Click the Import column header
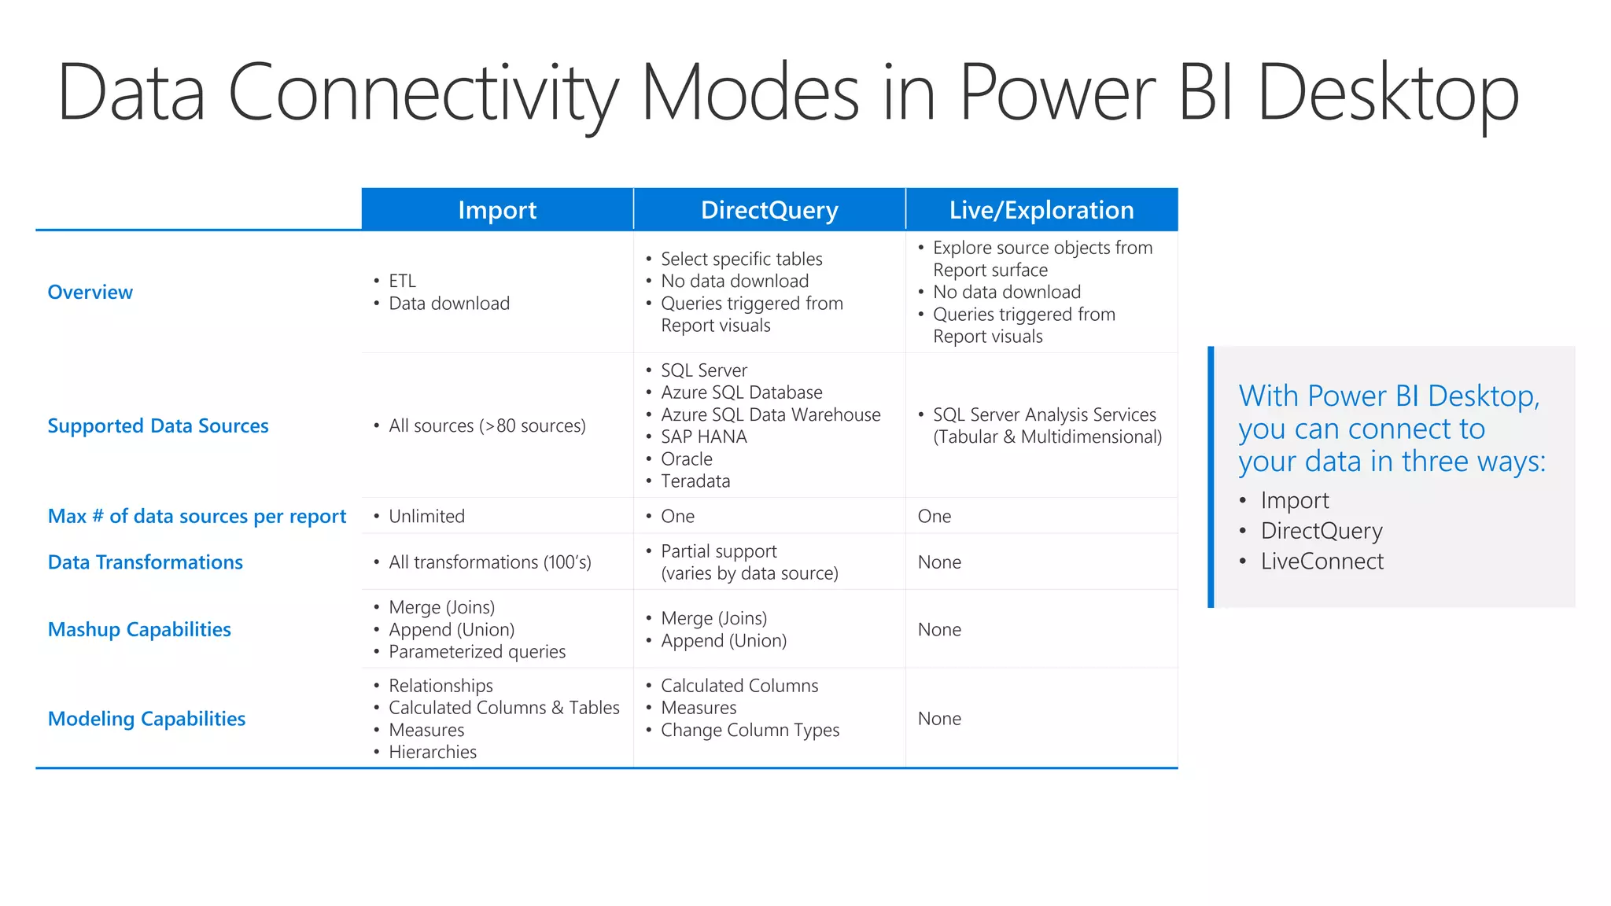497,210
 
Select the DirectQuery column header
769,210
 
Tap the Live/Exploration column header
1041,210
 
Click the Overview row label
90,292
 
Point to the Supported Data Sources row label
158,425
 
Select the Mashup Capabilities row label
139,629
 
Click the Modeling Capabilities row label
146,719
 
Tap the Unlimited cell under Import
426,516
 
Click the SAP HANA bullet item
703,436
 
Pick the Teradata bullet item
695,481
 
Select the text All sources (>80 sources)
487,425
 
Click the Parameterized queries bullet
477,651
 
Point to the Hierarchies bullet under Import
433,752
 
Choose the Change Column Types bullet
750,730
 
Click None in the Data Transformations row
939,562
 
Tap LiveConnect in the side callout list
1322,561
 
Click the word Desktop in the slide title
1388,93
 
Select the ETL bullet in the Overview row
402,281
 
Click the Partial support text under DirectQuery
718,551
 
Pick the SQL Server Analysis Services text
1044,414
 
